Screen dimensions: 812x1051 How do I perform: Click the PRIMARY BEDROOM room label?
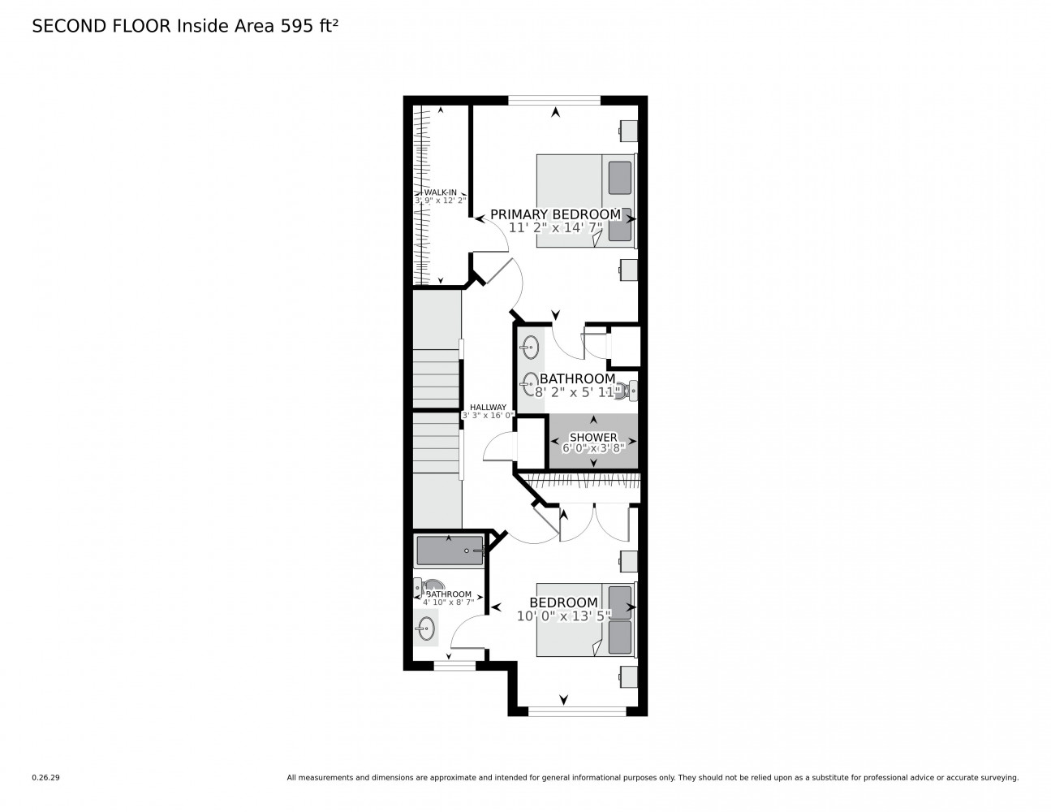[x=555, y=214]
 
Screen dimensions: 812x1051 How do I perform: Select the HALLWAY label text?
[x=488, y=408]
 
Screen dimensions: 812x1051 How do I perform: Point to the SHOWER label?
[x=592, y=437]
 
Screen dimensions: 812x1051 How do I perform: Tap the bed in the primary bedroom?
[x=584, y=200]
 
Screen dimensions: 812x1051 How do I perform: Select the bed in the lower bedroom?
[x=584, y=619]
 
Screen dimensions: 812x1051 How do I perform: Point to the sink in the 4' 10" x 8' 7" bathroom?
[x=425, y=626]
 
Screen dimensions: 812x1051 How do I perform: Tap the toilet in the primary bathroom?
[x=629, y=391]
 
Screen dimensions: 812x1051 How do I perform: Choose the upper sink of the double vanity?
[x=530, y=348]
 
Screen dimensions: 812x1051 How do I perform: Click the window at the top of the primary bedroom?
[x=554, y=100]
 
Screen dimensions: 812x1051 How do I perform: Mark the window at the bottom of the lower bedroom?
[x=576, y=711]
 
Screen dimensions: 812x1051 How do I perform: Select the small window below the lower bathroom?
[x=454, y=666]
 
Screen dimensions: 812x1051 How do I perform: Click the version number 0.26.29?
[x=45, y=778]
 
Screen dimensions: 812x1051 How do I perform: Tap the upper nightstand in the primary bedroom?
[x=628, y=130]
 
